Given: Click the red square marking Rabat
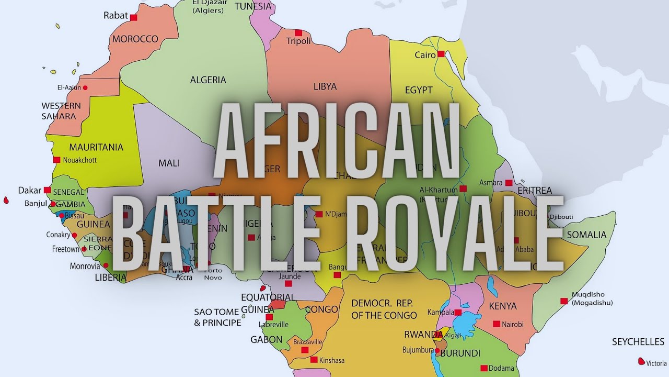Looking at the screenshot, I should (133, 17).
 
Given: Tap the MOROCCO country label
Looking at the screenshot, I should (135, 39).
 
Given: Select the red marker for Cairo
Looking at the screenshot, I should (441, 53).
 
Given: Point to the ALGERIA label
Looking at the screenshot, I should (208, 80).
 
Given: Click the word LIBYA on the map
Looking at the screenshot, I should (325, 86).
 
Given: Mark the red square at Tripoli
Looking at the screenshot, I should (298, 32).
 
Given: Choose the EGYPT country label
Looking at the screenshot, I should (419, 90).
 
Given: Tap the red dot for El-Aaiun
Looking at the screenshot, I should (85, 87).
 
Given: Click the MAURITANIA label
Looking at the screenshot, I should (96, 147).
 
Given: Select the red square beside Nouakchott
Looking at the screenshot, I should (56, 160).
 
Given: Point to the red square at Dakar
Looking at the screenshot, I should (48, 190).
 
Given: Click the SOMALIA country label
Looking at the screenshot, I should (586, 235).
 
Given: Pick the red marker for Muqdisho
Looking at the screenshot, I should (563, 301).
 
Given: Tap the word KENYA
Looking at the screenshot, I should (502, 306).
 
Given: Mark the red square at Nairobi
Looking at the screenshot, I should (496, 324).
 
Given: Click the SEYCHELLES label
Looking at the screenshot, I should (638, 342).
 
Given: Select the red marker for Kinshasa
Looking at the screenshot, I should (314, 360).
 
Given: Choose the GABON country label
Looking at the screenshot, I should (267, 340).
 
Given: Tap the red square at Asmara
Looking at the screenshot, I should (509, 183).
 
